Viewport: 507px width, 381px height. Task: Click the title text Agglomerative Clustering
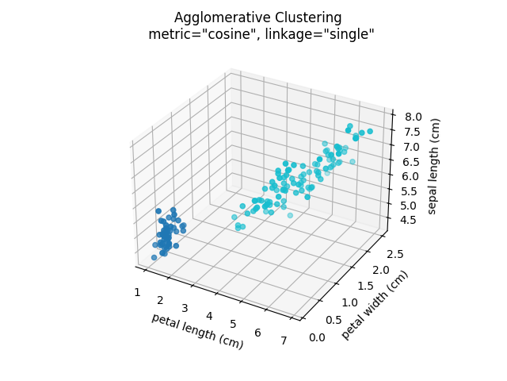click(x=258, y=17)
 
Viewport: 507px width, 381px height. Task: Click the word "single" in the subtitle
click(x=346, y=34)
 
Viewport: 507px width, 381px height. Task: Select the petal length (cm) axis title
click(x=197, y=331)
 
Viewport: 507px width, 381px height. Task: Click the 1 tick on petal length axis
click(x=137, y=292)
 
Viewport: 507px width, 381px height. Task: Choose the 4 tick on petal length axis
click(x=209, y=316)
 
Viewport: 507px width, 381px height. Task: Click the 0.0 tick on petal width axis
click(x=317, y=338)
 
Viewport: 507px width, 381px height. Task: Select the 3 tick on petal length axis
click(x=185, y=308)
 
